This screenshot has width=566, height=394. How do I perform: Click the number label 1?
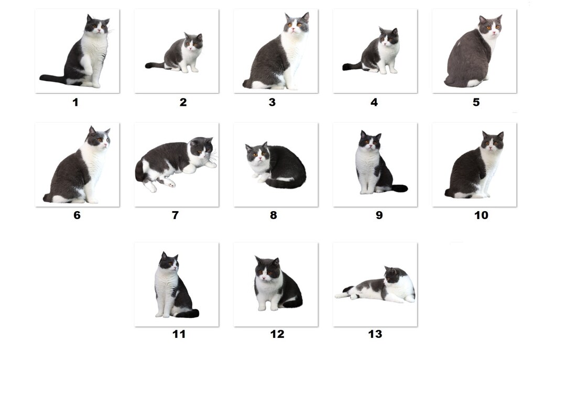tap(75, 102)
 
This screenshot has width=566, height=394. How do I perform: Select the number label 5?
tap(476, 102)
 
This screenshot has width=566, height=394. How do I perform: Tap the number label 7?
tap(175, 215)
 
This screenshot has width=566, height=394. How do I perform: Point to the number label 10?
tap(481, 215)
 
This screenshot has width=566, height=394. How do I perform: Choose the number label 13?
tap(375, 334)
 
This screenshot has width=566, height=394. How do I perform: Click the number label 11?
tap(179, 334)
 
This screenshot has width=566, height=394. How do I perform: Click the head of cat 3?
tap(297, 24)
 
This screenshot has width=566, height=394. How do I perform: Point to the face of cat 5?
tap(491, 25)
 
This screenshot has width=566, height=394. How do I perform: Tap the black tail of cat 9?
tap(399, 188)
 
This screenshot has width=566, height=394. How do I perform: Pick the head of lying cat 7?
tap(201, 147)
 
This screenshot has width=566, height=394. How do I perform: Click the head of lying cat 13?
tap(393, 275)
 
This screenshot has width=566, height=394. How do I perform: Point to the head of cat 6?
tap(98, 138)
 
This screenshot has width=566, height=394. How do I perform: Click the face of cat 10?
tap(493, 141)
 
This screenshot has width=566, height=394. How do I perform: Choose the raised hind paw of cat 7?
tap(169, 183)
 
